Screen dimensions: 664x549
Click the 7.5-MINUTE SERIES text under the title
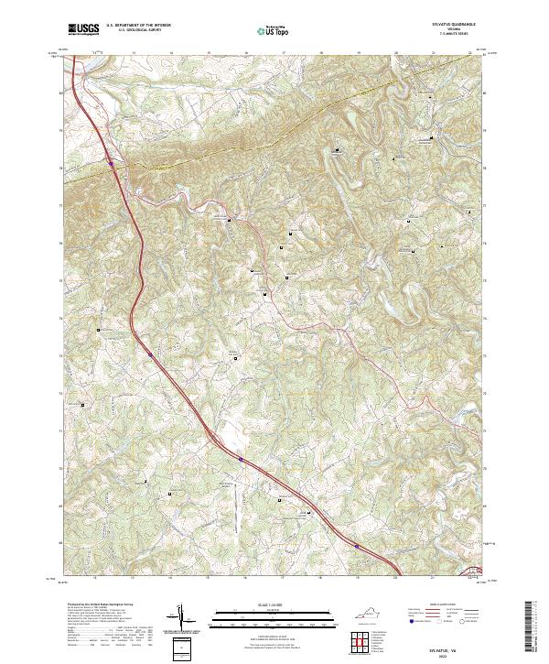click(x=463, y=35)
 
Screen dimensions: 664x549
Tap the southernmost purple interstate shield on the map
click(x=357, y=546)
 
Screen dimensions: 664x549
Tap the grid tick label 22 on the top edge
click(x=468, y=54)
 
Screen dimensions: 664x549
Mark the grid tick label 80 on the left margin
click(x=61, y=93)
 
